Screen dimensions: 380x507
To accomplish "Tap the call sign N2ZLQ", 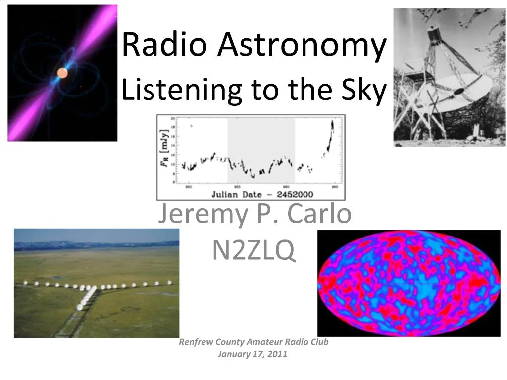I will click(253, 250).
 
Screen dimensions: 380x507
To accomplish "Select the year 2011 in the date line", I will click(278, 354).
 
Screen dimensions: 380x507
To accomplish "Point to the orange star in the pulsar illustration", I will click(62, 73).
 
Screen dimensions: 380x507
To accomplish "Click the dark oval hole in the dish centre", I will click(459, 91).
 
